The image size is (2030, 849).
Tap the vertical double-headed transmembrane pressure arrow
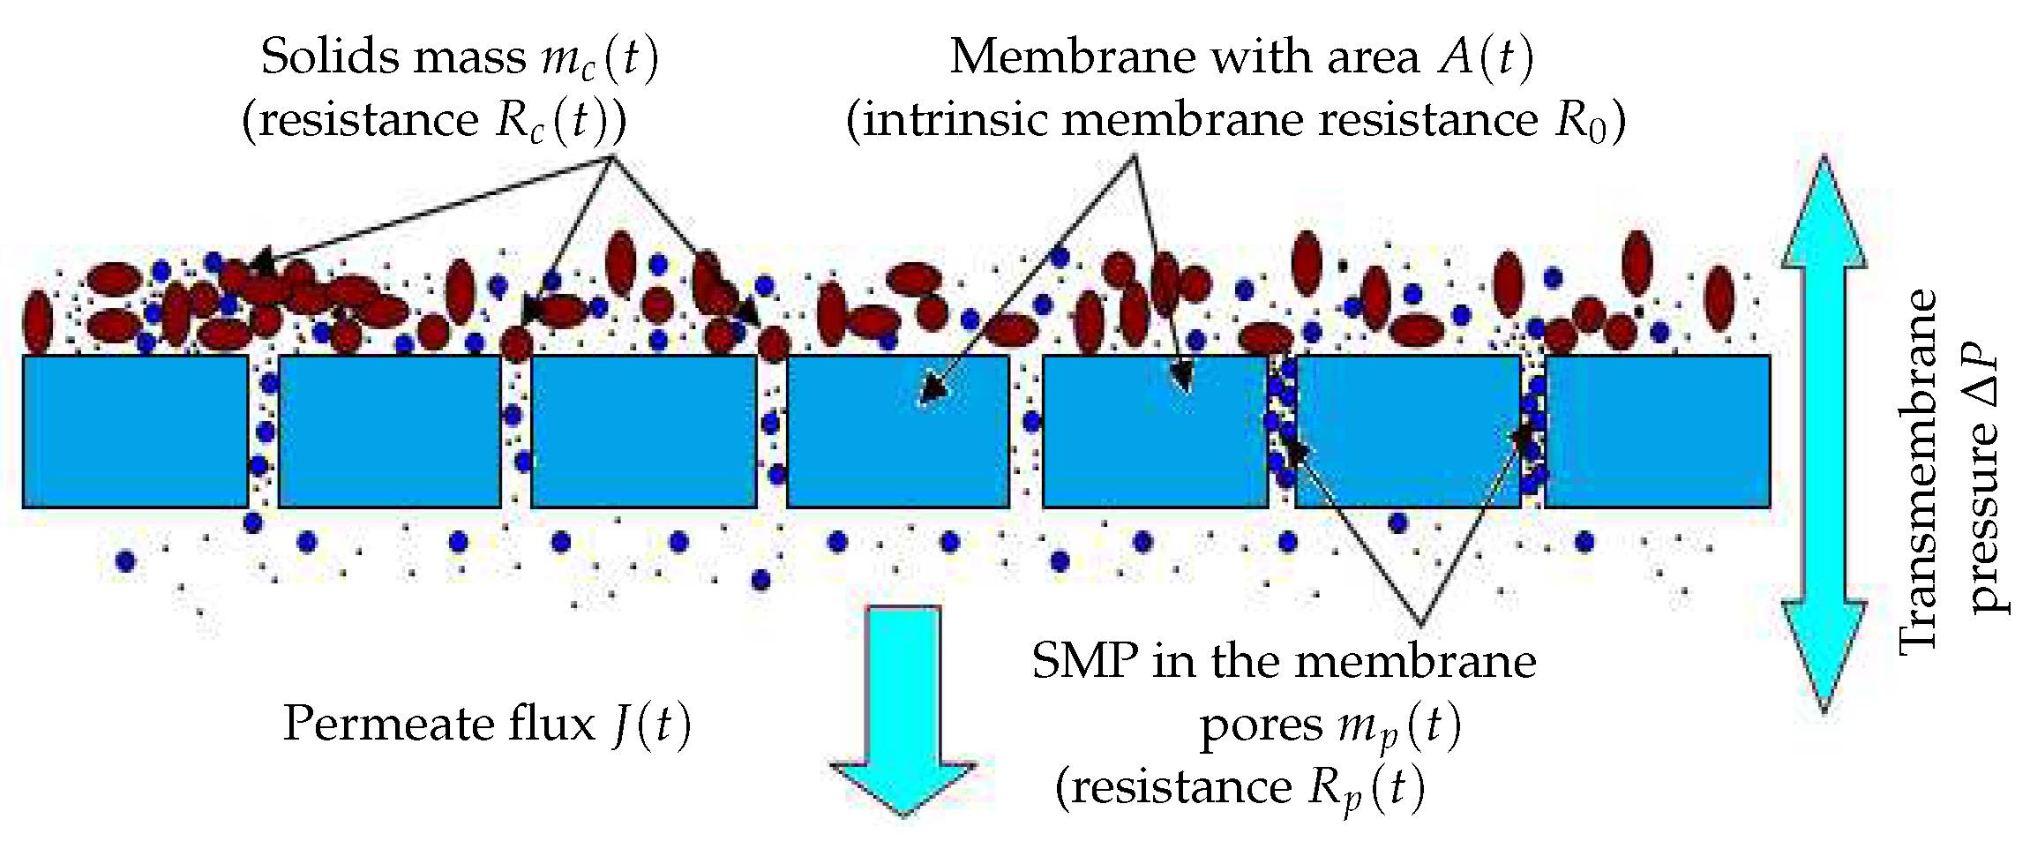tap(1824, 432)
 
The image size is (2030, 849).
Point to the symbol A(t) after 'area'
tap(1486, 58)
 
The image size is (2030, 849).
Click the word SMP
tap(1084, 662)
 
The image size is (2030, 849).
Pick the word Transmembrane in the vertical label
tap(1919, 472)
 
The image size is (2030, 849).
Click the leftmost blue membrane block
tap(135, 432)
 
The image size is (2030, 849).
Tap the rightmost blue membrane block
tap(1658, 432)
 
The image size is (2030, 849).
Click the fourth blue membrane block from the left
tap(898, 432)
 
